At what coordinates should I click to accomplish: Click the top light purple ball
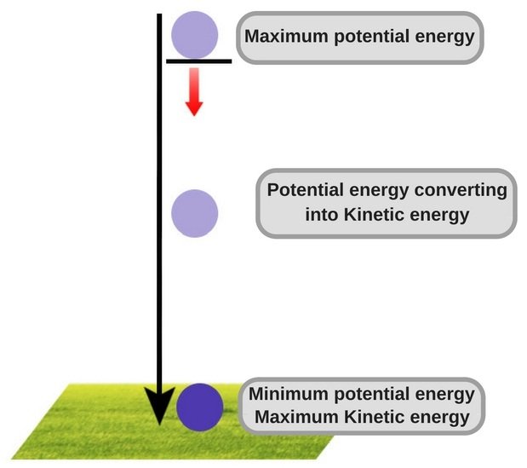195,34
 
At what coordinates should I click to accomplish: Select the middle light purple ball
195,213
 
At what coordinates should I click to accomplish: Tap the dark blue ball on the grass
200,407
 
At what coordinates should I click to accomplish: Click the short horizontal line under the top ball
198,61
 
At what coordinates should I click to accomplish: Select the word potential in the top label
358,37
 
